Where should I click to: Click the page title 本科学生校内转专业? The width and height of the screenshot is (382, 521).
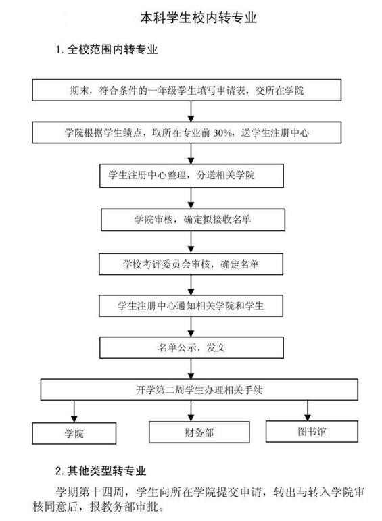point(198,18)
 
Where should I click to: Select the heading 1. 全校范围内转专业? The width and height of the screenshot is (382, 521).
point(106,49)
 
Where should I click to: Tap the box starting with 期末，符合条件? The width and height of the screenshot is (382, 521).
point(187,90)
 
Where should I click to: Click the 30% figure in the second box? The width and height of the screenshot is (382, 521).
point(222,133)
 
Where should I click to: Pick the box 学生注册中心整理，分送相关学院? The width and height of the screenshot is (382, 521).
point(191,176)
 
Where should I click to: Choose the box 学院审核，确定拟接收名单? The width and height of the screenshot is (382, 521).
point(193,220)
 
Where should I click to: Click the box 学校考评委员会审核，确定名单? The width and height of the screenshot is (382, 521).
point(191,264)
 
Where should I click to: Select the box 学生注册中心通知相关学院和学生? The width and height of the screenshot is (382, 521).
point(191,305)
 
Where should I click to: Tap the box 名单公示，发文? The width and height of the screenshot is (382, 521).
point(191,347)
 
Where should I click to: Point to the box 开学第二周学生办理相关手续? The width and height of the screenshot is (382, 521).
point(199,389)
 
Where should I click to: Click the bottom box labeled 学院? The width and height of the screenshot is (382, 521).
point(74,433)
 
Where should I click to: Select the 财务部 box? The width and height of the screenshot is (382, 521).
point(199,432)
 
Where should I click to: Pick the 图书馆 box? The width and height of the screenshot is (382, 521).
point(312,431)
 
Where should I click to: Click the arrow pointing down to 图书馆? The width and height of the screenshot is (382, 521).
point(308,410)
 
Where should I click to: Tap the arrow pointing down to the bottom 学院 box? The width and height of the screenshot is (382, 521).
point(74,412)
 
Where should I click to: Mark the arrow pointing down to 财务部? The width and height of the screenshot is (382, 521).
point(191,411)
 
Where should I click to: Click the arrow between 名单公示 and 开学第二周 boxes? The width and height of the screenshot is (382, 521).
point(191,368)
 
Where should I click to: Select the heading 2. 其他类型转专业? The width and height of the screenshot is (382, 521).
point(101,470)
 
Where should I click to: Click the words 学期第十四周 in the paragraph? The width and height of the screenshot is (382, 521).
point(89,492)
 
